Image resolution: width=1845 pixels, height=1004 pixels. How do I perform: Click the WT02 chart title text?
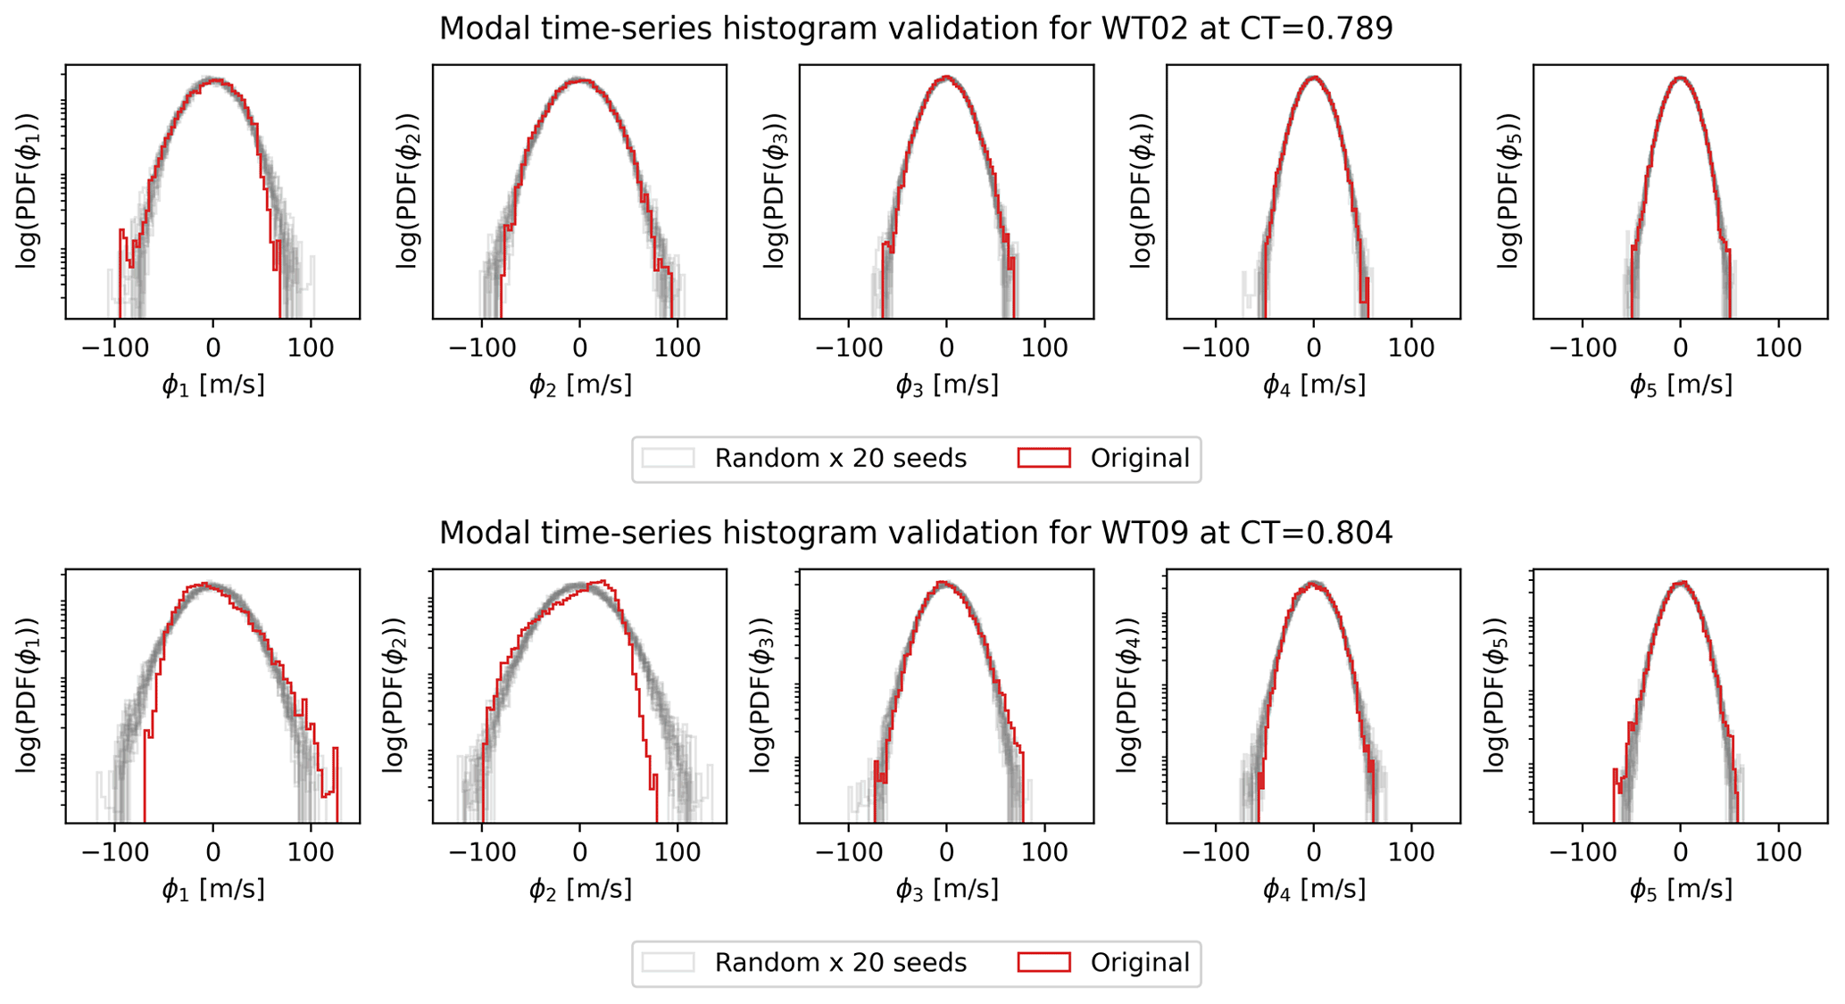916,29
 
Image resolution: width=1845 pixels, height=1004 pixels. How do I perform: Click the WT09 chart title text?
916,534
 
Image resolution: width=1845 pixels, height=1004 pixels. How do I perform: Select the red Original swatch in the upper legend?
1043,459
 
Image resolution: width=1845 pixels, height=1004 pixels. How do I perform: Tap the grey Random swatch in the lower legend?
668,963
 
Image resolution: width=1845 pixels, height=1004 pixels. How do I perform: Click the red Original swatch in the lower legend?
1043,963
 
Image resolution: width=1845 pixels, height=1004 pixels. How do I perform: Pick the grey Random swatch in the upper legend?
668,459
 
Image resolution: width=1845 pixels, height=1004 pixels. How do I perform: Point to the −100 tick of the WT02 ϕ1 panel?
114,348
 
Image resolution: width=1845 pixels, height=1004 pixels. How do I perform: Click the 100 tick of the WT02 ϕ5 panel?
1779,348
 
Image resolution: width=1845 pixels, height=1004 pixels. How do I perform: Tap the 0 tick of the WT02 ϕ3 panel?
946,348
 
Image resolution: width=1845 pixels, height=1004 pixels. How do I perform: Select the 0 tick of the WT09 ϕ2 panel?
579,852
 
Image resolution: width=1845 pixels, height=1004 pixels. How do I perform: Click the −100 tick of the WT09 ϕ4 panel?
1215,852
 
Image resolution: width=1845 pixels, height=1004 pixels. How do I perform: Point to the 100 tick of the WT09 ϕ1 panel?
311,852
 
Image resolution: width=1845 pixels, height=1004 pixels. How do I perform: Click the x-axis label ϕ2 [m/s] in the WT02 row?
580,386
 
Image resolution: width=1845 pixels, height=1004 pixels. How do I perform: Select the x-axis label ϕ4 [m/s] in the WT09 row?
1314,890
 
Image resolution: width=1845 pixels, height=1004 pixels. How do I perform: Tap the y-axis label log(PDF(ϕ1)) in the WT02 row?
28,191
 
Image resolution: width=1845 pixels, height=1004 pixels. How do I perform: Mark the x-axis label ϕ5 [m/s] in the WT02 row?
1681,386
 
